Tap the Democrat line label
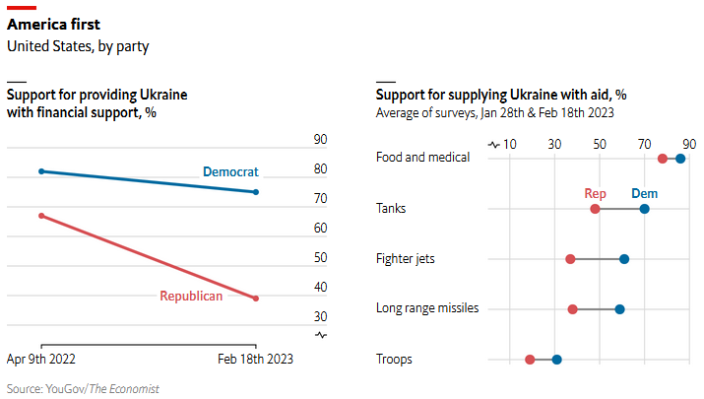click(x=230, y=171)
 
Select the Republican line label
click(x=191, y=296)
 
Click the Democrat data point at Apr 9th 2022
click(x=41, y=171)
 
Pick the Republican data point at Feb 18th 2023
click(x=256, y=299)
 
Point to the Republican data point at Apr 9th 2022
click(x=41, y=215)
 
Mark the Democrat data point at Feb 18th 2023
click(x=256, y=192)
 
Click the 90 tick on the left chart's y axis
click(x=292, y=140)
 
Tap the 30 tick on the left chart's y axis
click(x=292, y=316)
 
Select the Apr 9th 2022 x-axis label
click(x=41, y=360)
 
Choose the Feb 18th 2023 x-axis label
click(x=255, y=360)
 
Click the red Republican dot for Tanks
click(x=595, y=209)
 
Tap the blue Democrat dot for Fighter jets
click(x=624, y=259)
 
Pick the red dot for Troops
click(x=530, y=360)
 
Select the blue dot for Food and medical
click(x=680, y=158)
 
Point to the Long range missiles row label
click(x=427, y=308)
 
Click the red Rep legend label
click(x=595, y=193)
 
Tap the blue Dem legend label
click(x=644, y=193)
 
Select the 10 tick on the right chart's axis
click(x=510, y=144)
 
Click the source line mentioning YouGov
click(x=83, y=389)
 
